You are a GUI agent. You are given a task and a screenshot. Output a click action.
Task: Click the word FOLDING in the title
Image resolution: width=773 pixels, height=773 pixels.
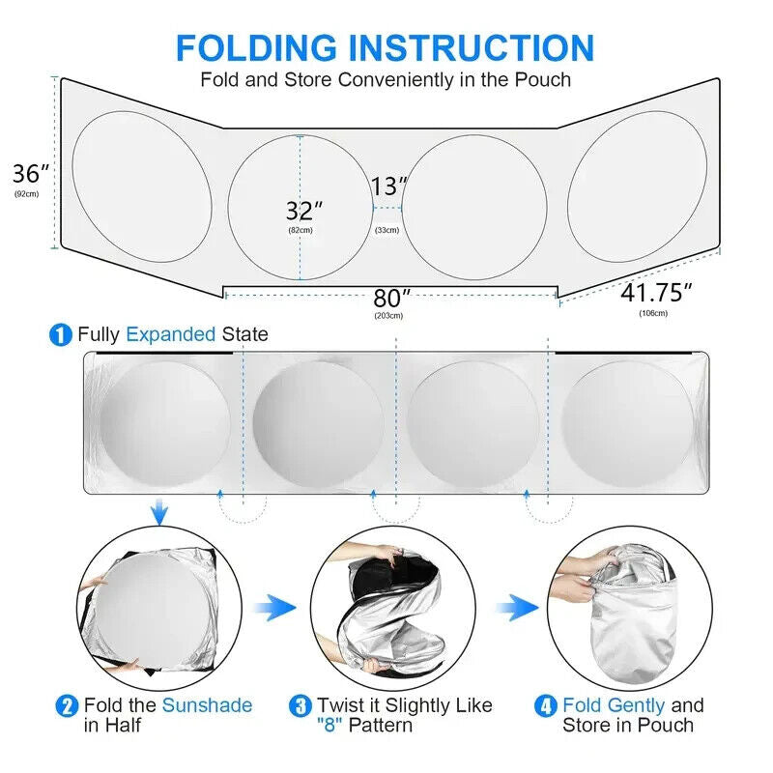pos(256,47)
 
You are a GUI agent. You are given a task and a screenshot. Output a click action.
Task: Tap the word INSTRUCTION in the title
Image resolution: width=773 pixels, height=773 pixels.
pos(472,47)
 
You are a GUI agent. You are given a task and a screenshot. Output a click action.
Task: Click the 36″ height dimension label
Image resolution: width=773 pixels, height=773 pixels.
pos(31,174)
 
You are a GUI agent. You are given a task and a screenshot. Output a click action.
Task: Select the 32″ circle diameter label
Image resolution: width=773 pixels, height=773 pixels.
pos(304,211)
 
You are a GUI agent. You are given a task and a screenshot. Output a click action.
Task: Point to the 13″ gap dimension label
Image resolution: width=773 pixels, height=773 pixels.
pos(389,186)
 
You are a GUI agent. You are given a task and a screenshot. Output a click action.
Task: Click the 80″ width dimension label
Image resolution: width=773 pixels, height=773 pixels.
pos(391,299)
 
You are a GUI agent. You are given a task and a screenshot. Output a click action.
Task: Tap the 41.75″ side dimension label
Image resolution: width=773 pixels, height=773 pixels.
pos(656,293)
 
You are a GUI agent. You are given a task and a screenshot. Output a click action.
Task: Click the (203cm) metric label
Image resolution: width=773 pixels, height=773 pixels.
pos(388,316)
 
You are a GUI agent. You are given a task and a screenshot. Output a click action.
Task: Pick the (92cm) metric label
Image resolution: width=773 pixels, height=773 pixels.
pos(27,194)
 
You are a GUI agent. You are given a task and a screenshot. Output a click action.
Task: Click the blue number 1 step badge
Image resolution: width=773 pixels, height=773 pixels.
pos(61,334)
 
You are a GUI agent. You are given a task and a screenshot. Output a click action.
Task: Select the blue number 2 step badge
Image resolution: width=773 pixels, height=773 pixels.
pos(67,706)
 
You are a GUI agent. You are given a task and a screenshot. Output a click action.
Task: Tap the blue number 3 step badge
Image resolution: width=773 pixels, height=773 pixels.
pos(301,706)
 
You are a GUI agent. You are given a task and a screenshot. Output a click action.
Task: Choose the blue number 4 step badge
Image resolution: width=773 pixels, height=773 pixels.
pos(546,706)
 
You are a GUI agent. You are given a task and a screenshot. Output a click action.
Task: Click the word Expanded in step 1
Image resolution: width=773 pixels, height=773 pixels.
pos(171,334)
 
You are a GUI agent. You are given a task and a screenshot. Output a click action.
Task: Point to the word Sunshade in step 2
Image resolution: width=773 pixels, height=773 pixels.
pos(207,705)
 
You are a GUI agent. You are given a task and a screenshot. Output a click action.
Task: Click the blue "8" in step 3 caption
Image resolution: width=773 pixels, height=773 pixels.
pos(329,726)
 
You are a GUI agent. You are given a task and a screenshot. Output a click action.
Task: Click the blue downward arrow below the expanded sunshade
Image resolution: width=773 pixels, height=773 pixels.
pos(158,512)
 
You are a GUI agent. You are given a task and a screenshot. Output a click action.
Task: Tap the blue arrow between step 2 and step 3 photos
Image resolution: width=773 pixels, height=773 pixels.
pos(274,608)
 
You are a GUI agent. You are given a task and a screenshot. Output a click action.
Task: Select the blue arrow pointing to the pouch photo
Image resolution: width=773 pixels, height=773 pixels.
pos(518,608)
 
